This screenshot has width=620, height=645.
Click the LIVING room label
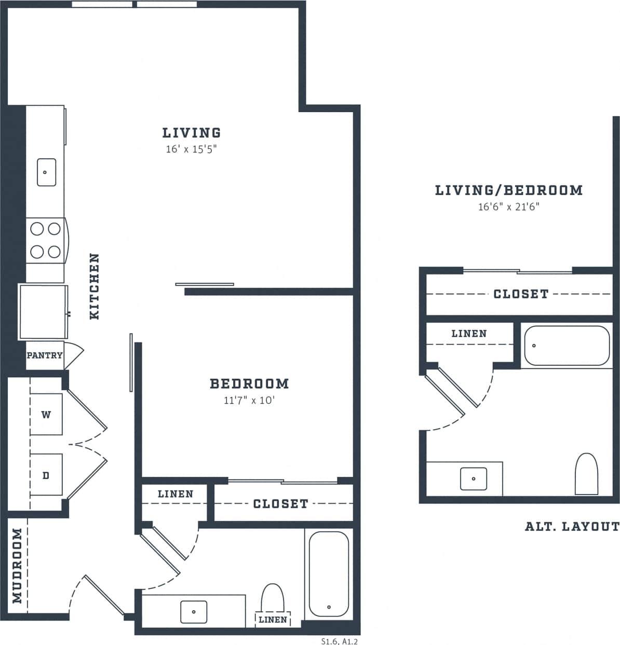point(191,133)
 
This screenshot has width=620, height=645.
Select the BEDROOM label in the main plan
point(249,383)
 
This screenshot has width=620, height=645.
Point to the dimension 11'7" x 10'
point(249,401)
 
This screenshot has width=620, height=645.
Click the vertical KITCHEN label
point(94,286)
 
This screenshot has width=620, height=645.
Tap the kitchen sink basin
point(46,172)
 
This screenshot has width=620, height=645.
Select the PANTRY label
point(45,355)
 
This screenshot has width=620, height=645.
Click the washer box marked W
point(46,415)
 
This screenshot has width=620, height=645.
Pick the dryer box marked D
point(46,475)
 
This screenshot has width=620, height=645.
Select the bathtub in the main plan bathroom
point(329,573)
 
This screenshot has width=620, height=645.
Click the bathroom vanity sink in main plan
point(194,612)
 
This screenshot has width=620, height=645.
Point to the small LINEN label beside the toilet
point(273,620)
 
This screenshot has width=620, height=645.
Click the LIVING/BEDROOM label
point(509,190)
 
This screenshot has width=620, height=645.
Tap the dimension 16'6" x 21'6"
point(509,207)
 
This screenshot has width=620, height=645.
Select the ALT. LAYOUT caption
point(572,527)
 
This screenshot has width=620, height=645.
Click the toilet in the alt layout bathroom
point(587,474)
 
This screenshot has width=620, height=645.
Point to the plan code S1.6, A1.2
point(340,641)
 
